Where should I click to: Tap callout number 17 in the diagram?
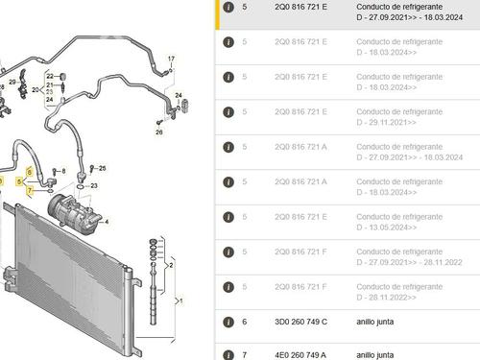pyautogui.click(x=171, y=60)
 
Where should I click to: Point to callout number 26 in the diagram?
pyautogui.click(x=159, y=132)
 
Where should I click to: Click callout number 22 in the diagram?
pyautogui.click(x=49, y=74)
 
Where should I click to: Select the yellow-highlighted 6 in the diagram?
pyautogui.click(x=30, y=171)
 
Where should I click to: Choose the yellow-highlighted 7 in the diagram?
pyautogui.click(x=30, y=190)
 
